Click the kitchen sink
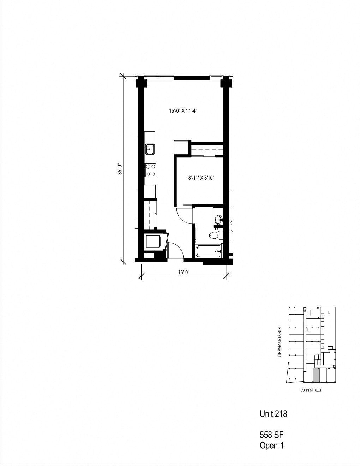tap(150, 149)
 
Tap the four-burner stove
tap(150, 170)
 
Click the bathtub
tap(208, 251)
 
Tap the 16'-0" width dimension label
tap(184, 272)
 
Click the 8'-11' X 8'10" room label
tap(201, 178)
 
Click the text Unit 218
tap(273, 414)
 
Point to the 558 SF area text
tap(271, 435)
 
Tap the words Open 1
tap(271, 446)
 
